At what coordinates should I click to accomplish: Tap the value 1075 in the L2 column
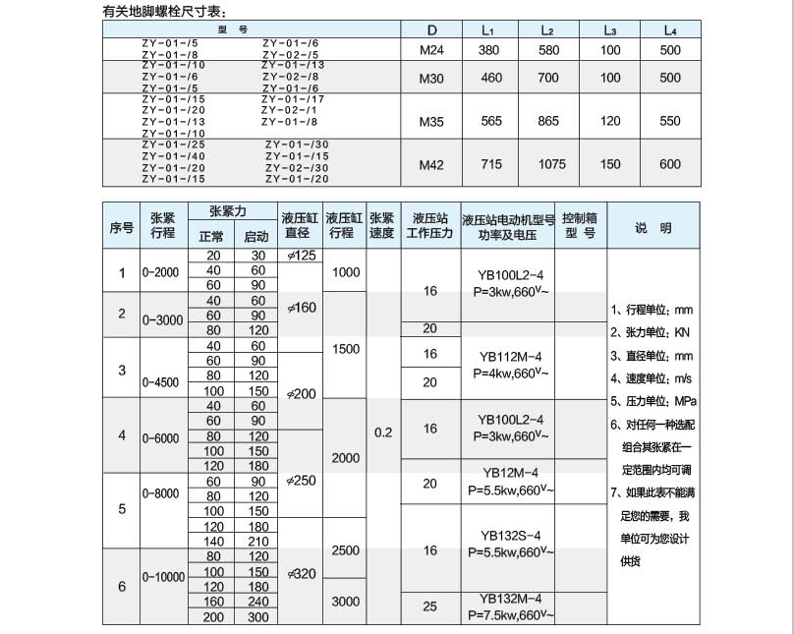pyautogui.click(x=552, y=164)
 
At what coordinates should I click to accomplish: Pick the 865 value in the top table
pyautogui.click(x=549, y=121)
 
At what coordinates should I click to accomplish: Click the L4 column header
pyautogui.click(x=670, y=30)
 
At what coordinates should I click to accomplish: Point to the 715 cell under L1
pyautogui.click(x=491, y=164)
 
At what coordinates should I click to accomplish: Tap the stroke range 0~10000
pyautogui.click(x=163, y=577)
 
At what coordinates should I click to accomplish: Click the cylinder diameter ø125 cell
pyautogui.click(x=301, y=256)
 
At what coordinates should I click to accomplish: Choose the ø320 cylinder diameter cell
pyautogui.click(x=301, y=574)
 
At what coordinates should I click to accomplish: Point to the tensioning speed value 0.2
pyautogui.click(x=382, y=432)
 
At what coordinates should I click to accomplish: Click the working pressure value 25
pyautogui.click(x=429, y=606)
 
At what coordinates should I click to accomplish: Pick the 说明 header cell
pyautogui.click(x=652, y=228)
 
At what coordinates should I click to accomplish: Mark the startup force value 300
pyautogui.click(x=256, y=616)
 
